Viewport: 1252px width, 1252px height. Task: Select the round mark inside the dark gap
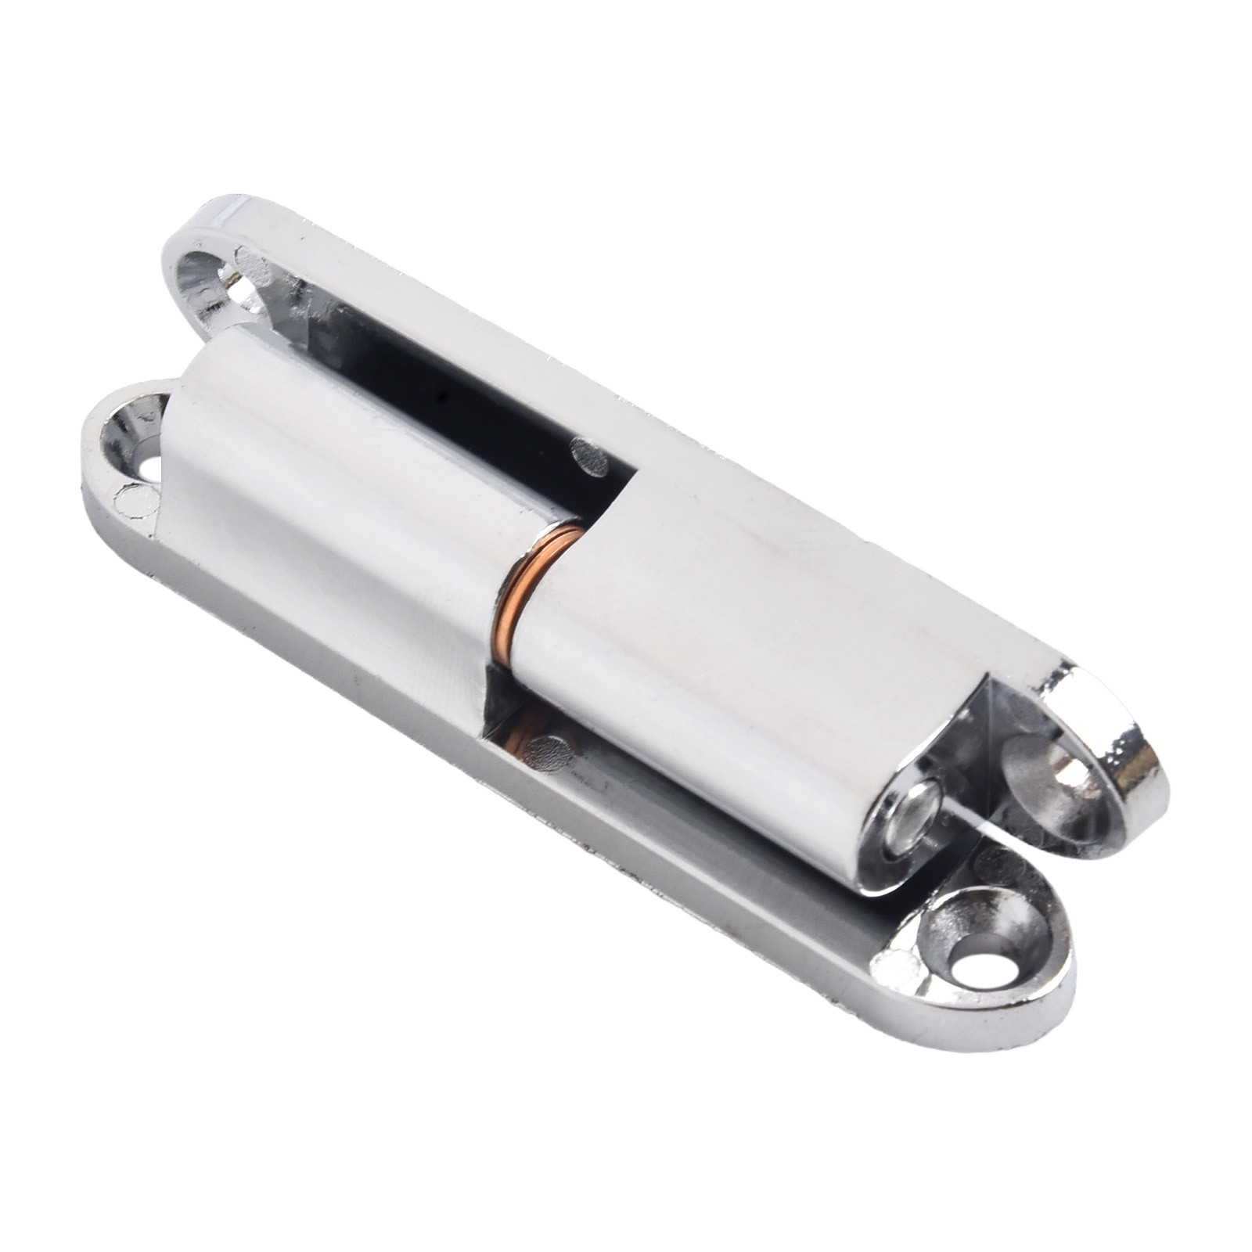[590, 457]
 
